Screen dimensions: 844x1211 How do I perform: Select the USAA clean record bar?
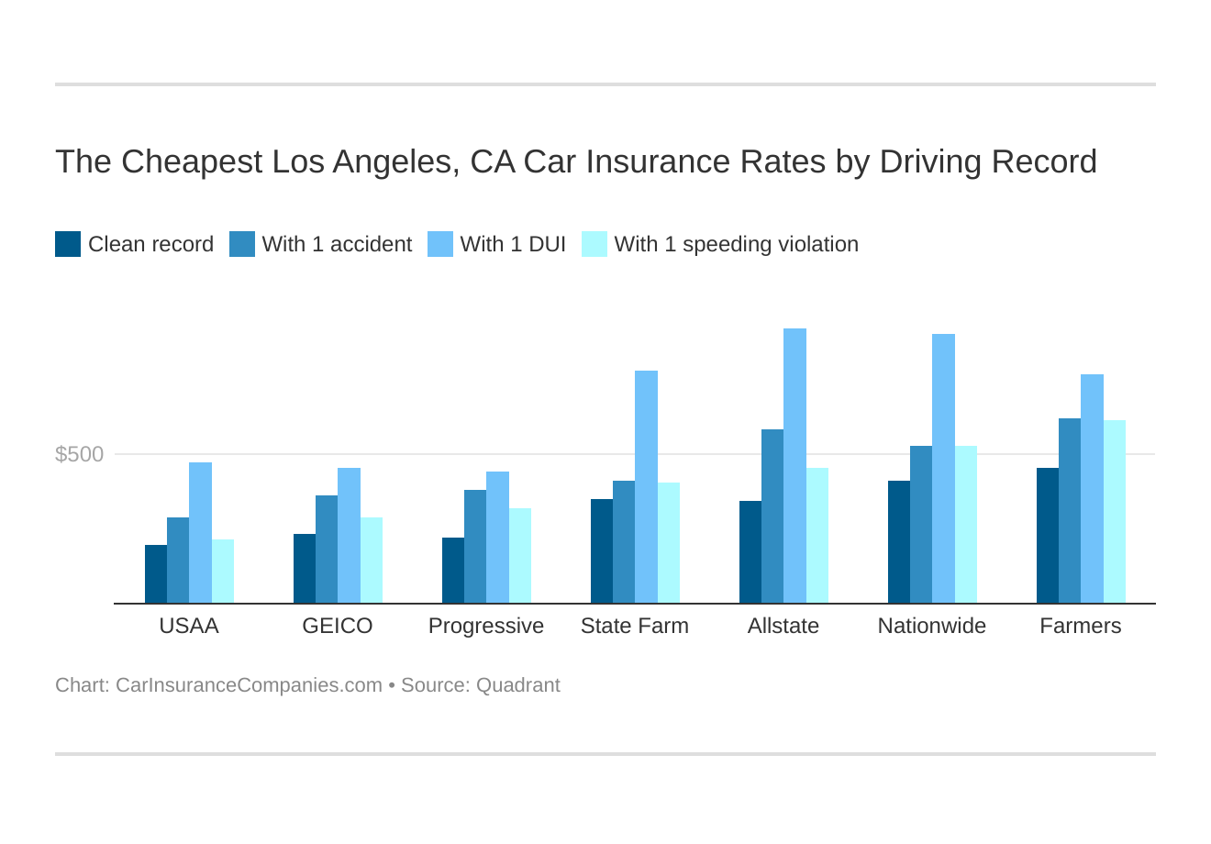pos(156,574)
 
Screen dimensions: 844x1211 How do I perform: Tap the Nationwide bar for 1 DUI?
pos(943,469)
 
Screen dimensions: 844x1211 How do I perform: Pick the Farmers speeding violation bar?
pos(1114,512)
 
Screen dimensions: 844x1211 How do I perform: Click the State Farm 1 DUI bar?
pos(646,487)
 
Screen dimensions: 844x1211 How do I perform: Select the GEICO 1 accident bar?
pos(327,550)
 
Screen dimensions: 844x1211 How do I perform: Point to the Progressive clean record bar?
pos(453,571)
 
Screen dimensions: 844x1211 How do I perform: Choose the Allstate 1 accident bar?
pos(772,516)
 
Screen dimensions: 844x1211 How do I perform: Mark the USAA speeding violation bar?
pos(223,572)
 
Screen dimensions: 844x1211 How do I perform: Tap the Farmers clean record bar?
pos(1048,536)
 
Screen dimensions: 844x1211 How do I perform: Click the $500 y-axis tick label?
pos(80,454)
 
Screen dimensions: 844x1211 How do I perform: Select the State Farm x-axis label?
pos(635,626)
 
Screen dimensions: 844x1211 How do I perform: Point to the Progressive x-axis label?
pos(486,626)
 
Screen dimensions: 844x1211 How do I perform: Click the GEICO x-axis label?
pos(338,626)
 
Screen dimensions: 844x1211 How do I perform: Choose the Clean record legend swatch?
pos(68,244)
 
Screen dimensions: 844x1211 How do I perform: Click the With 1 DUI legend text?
pos(513,244)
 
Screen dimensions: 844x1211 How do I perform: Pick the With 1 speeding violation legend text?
pos(736,244)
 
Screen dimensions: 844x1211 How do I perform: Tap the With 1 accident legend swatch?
pos(242,244)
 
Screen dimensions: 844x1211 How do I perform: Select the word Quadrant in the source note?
pos(517,685)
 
